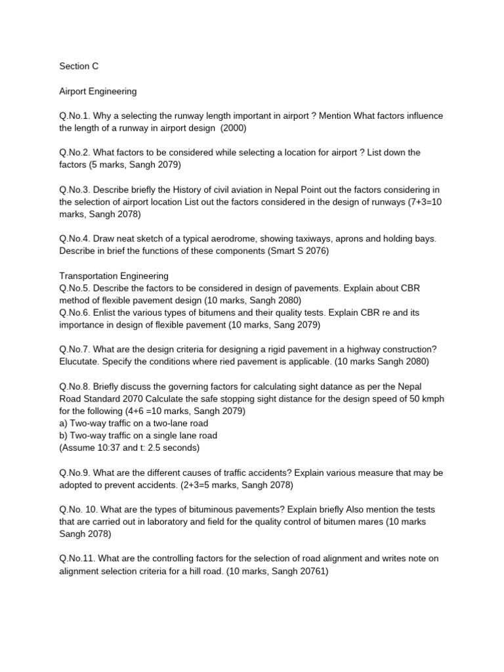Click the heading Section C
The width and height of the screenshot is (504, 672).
tap(79, 66)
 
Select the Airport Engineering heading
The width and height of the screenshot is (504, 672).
tap(98, 91)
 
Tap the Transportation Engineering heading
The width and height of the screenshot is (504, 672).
tap(114, 276)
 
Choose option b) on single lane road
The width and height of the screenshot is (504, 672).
tap(138, 435)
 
